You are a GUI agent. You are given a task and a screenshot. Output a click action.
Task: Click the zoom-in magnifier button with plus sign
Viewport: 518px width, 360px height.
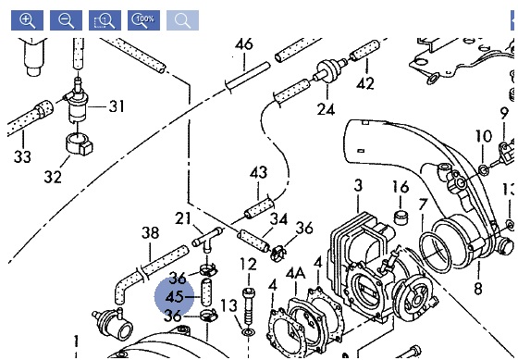[27, 20]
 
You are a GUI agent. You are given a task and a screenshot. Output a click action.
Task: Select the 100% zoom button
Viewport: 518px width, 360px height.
[143, 20]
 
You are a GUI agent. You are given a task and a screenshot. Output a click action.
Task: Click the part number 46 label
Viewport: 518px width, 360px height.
[244, 44]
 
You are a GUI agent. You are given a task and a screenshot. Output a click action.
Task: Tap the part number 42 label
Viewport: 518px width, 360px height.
[365, 83]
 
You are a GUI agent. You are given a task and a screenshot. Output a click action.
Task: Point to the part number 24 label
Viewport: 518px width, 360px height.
[326, 109]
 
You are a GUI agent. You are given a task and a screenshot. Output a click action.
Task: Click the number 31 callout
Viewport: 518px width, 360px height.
[117, 106]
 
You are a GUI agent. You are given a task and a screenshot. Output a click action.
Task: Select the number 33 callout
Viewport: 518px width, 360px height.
[22, 156]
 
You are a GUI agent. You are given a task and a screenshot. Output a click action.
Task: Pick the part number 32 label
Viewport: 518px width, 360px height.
[53, 177]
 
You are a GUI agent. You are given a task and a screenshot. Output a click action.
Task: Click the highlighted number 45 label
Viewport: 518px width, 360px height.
[174, 297]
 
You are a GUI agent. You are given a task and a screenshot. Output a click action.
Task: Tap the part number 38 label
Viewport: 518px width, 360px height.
[150, 232]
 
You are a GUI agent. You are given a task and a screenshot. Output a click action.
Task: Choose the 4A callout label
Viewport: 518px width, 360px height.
[296, 274]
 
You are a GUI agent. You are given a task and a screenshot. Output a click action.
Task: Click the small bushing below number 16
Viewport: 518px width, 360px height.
[401, 217]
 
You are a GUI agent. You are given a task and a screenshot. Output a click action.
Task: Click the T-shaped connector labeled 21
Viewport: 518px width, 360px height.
[207, 240]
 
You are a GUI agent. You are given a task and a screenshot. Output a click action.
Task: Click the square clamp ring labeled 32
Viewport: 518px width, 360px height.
[80, 143]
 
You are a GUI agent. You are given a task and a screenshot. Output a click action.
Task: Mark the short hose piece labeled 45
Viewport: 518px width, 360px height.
[206, 292]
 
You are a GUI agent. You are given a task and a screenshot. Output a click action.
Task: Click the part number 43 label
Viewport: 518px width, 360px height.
[259, 172]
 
